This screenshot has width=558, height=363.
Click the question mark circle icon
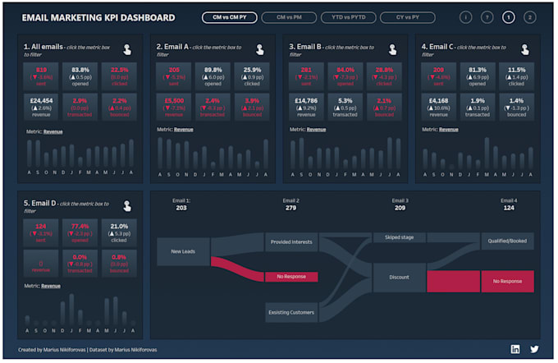pos(487,17)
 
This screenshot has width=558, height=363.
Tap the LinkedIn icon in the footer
pos(515,349)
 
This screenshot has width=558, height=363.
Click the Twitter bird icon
pos(534,349)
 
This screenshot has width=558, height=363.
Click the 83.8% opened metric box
pos(80,75)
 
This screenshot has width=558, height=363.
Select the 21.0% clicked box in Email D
pos(119,231)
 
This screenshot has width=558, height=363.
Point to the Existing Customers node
pos(290,312)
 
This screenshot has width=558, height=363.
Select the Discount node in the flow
pos(399,277)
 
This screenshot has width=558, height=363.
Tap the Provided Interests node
pos(290,241)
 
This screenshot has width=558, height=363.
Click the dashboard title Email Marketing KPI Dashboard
pos(98,17)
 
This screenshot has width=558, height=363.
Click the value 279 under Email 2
pos(290,208)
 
